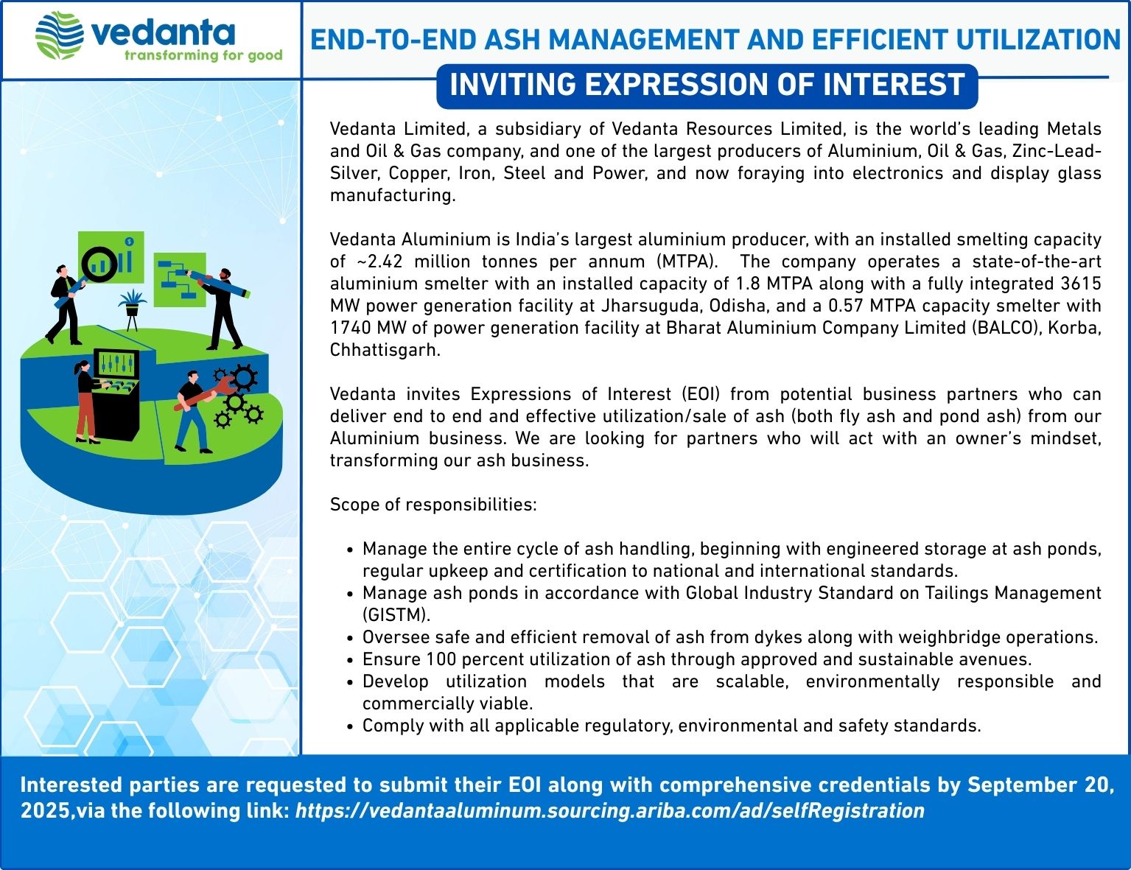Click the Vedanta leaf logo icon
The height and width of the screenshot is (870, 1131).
click(60, 35)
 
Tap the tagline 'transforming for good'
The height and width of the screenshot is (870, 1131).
click(203, 55)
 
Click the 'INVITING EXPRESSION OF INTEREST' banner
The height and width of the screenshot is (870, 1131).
click(707, 86)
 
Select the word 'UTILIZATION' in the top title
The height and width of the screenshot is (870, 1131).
click(1038, 40)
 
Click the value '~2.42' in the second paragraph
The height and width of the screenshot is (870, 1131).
click(380, 262)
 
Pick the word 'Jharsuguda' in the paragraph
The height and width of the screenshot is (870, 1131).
click(647, 306)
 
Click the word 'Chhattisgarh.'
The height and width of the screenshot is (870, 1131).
click(385, 350)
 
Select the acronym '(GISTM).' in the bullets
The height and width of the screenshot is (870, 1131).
click(396, 615)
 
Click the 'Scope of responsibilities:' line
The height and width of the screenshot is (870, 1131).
click(433, 505)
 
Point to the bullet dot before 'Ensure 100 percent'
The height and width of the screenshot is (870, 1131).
click(351, 660)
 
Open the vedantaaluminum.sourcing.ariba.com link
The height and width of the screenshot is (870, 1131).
click(610, 810)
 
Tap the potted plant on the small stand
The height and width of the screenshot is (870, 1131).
click(132, 310)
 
